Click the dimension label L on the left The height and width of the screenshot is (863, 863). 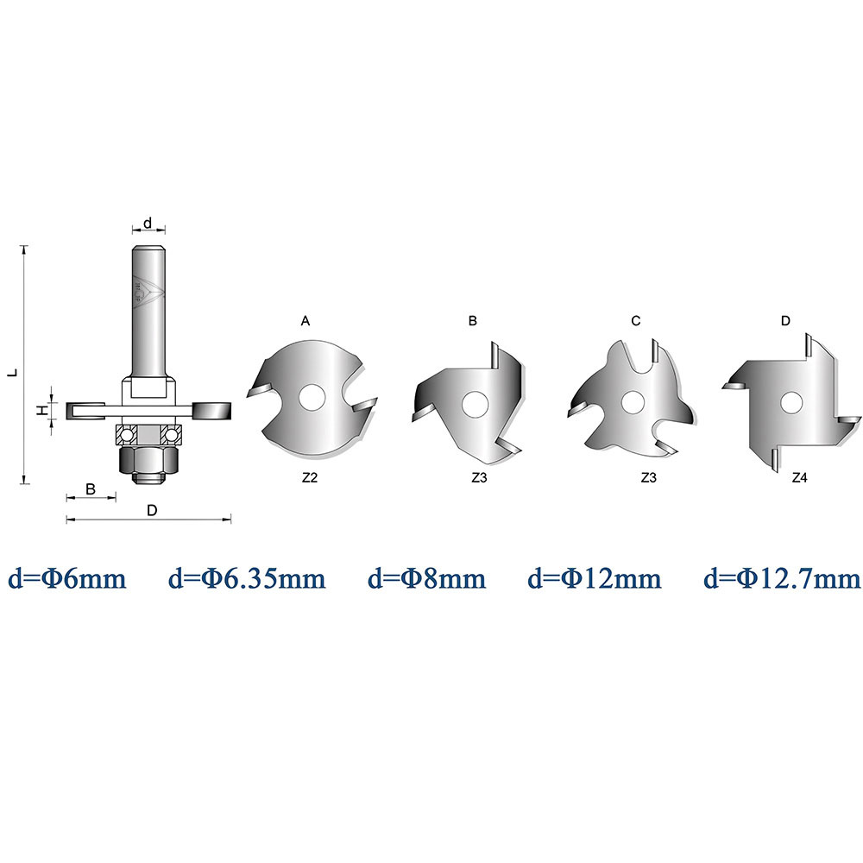[14, 372]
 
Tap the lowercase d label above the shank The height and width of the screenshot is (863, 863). [148, 223]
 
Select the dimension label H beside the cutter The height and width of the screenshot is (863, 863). [41, 410]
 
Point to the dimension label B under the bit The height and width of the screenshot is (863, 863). [91, 488]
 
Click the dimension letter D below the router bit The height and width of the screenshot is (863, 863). [152, 510]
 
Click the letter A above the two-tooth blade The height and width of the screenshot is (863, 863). [306, 321]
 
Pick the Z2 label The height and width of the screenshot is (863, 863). [310, 478]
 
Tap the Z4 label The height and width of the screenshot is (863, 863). [799, 478]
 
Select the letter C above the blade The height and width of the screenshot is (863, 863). [636, 321]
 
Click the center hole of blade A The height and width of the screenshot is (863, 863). [312, 397]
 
